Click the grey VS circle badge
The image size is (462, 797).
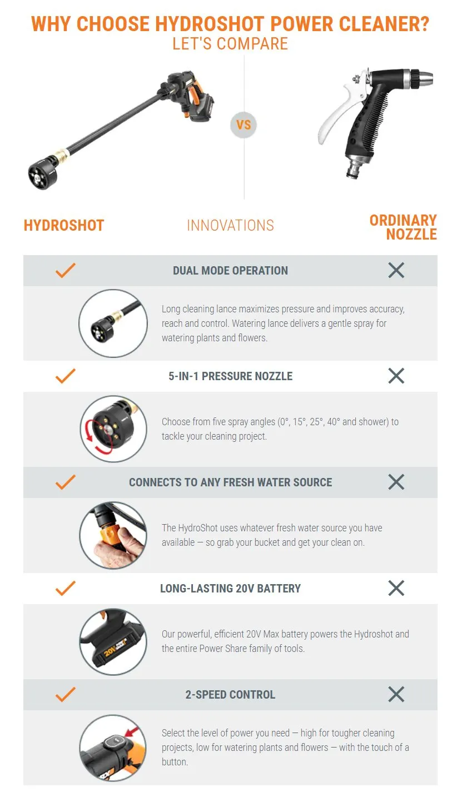tap(244, 125)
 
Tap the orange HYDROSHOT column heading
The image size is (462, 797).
tap(64, 225)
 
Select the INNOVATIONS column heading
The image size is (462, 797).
tap(230, 225)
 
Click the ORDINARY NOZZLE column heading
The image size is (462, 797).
tap(403, 227)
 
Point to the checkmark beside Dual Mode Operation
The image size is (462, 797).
tap(66, 270)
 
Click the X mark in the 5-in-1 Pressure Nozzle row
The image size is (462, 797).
tap(396, 376)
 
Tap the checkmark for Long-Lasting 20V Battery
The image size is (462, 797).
tap(66, 588)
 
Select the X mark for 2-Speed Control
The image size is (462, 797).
tap(396, 694)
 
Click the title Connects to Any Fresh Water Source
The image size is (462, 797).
tap(230, 482)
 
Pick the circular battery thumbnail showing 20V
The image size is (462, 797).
tap(113, 641)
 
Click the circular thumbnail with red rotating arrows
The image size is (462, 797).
tap(113, 429)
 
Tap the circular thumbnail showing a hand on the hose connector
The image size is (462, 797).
tap(113, 535)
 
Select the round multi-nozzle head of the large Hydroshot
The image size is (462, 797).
tap(43, 173)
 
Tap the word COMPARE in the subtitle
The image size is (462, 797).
tap(252, 44)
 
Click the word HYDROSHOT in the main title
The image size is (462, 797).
tap(209, 24)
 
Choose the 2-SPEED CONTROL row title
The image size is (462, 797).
tap(230, 694)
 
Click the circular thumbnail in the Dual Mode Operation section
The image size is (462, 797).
tap(113, 323)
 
